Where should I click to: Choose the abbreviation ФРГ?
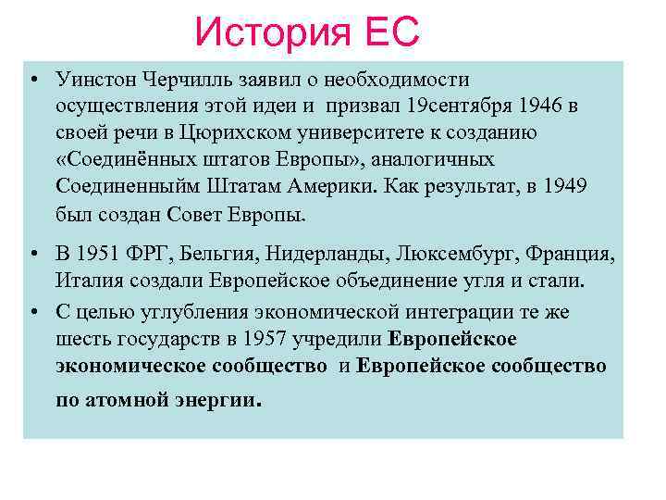click(x=154, y=254)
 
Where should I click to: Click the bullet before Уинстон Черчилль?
click(x=32, y=80)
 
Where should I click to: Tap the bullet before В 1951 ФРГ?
click(x=32, y=254)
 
